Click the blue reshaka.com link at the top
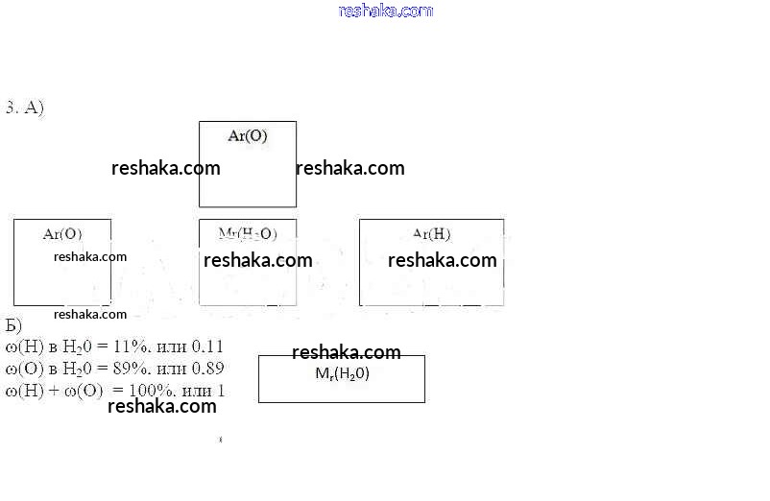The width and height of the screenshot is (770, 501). tap(386, 11)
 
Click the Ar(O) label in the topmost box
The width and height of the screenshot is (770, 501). tap(248, 136)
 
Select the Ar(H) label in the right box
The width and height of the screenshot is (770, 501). tap(431, 233)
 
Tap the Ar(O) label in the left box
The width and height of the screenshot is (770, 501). tap(62, 233)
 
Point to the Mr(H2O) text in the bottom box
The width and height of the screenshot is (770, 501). tap(342, 374)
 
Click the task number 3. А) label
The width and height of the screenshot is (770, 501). tap(25, 107)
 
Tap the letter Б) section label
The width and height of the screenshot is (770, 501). tap(13, 324)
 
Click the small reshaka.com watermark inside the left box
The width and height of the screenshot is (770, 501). tap(90, 256)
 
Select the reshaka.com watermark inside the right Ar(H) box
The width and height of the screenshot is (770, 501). tap(443, 260)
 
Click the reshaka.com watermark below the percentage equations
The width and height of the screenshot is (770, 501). tap(162, 406)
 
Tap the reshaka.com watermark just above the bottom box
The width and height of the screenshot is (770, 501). tap(347, 352)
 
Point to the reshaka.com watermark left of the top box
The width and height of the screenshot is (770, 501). tap(166, 168)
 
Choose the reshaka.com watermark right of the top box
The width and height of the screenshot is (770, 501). tap(350, 168)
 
